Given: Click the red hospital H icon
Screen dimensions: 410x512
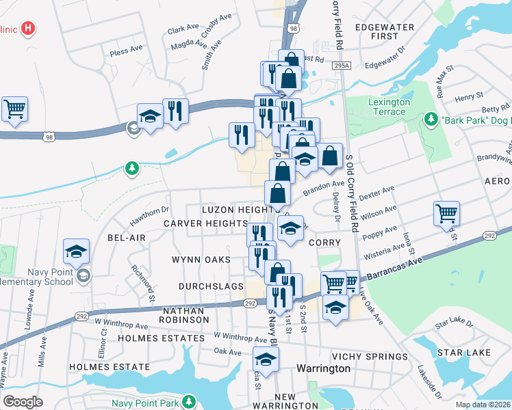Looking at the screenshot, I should tap(28, 29).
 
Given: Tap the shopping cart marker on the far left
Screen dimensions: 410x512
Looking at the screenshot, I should tap(14, 109).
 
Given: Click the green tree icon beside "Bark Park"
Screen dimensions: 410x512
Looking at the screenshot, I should tap(431, 120).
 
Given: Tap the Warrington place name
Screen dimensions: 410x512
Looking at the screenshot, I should tap(323, 368).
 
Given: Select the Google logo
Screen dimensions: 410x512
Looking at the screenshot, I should tap(23, 402).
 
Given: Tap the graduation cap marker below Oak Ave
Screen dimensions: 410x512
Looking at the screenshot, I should tap(265, 359).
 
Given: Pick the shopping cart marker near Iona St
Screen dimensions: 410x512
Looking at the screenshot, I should tap(446, 214).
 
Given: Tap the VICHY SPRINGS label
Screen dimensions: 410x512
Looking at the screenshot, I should tap(370, 357).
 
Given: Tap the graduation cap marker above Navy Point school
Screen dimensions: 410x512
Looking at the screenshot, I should tap(76, 251).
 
